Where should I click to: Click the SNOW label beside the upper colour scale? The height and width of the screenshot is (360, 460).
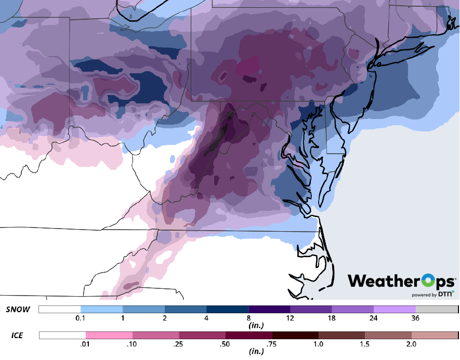[x=18, y=310]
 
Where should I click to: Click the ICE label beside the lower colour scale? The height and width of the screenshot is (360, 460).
[x=17, y=336]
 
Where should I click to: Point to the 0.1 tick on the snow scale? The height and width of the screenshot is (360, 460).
[x=80, y=318]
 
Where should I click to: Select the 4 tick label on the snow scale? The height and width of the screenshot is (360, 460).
[x=206, y=318]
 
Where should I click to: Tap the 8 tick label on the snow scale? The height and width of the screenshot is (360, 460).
[x=248, y=318]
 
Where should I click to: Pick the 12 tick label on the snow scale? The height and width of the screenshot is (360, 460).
[x=290, y=318]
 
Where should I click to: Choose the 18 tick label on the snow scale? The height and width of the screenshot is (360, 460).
[x=332, y=318]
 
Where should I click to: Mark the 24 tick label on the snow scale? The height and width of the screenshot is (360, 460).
[x=374, y=318]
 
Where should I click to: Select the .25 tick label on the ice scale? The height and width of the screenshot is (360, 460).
[x=179, y=344]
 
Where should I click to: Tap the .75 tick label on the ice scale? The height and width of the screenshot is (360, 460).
[x=271, y=344]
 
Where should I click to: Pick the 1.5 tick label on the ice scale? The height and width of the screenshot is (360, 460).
[x=364, y=344]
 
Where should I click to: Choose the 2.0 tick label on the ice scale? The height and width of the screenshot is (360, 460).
[x=411, y=344]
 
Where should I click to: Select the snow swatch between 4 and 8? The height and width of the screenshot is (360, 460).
[x=227, y=310]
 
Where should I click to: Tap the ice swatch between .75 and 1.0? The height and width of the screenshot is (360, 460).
[x=295, y=336]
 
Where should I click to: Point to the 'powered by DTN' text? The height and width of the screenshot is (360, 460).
[x=432, y=295]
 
